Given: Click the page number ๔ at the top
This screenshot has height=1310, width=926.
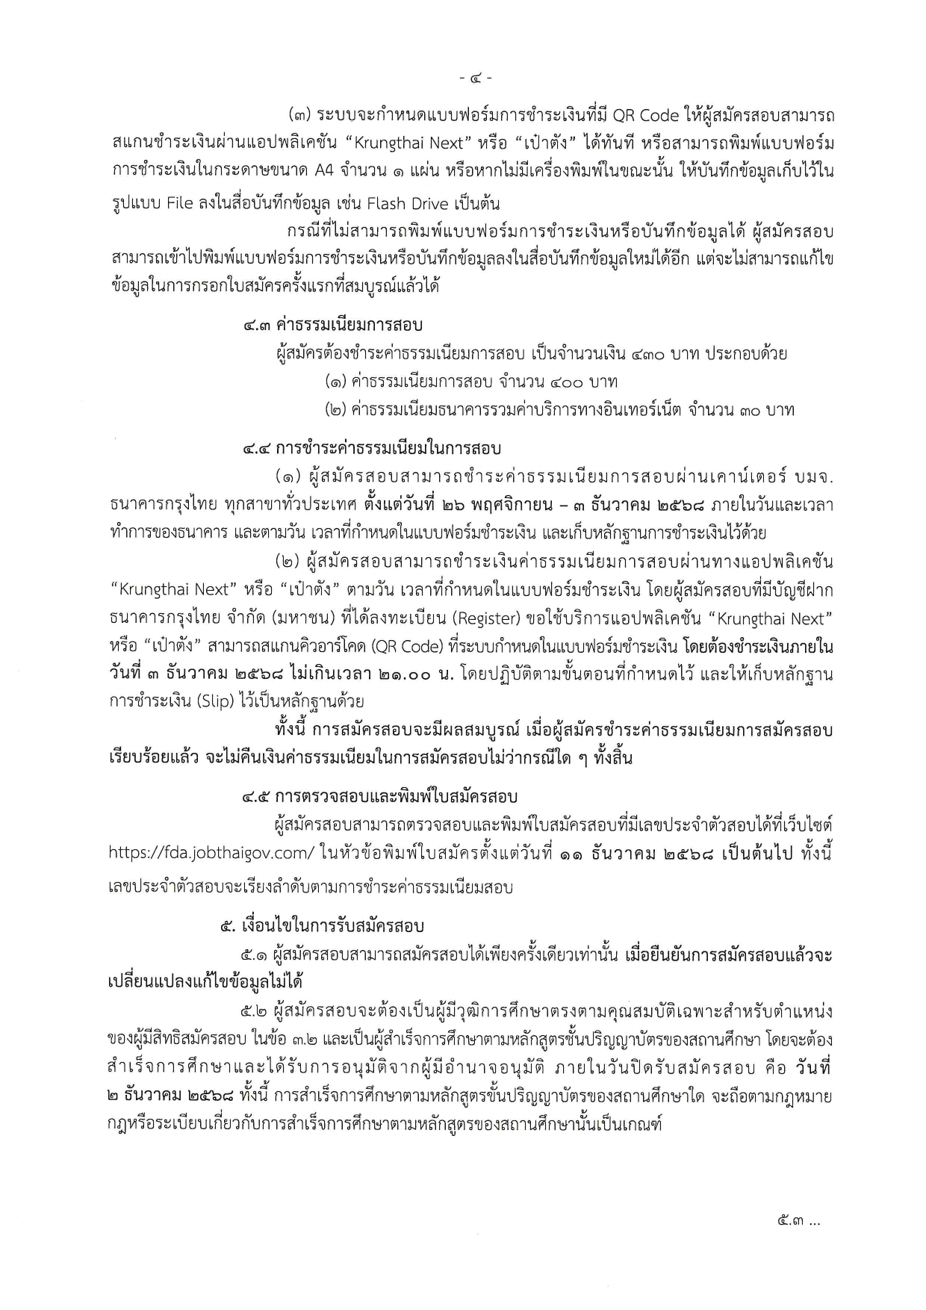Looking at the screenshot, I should coord(476,77).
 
